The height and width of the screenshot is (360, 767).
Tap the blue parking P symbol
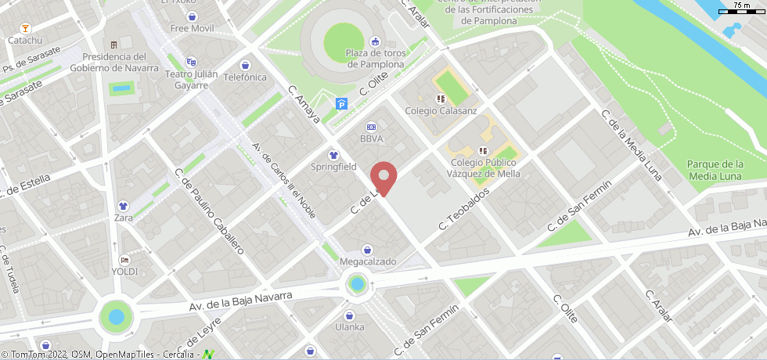point(341,103)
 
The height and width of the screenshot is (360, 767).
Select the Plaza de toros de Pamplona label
point(375,59)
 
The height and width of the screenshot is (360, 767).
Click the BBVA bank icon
point(371,127)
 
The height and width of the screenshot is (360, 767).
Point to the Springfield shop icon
point(333,155)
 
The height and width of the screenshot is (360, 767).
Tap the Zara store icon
point(123,207)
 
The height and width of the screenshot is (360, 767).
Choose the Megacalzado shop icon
point(367,250)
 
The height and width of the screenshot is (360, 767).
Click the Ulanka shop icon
point(349,315)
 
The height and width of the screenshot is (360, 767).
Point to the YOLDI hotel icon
point(124,260)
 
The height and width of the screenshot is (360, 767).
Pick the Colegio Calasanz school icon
point(441,99)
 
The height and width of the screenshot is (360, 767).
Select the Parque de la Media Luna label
point(715,170)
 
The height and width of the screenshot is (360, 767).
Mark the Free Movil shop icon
point(192,16)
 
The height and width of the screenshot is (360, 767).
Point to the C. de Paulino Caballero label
point(210,211)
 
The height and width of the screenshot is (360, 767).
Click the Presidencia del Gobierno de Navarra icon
point(114,45)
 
